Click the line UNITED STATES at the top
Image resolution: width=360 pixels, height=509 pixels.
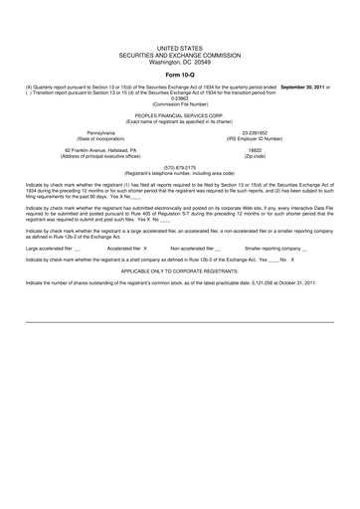pyautogui.click(x=180, y=48)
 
